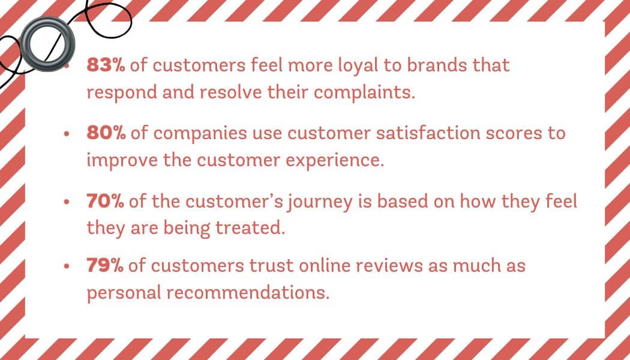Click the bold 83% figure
coord(106,65)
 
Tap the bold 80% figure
coord(106,134)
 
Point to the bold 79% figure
coord(105,266)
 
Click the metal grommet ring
coord(47,44)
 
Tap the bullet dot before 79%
coord(67,267)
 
